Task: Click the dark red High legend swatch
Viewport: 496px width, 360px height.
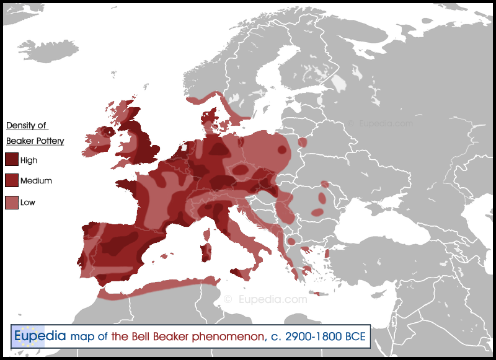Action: [12, 160]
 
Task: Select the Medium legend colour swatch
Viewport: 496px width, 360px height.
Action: [12, 181]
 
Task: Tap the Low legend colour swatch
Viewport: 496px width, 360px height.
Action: [12, 202]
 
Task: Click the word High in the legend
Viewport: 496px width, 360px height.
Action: [29, 160]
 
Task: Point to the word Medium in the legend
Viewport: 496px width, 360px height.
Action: [36, 181]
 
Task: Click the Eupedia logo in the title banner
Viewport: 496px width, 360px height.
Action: [39, 336]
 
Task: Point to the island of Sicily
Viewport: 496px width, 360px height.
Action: [239, 273]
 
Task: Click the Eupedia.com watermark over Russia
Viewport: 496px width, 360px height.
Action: [379, 123]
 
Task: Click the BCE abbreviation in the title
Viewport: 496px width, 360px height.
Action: [353, 337]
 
